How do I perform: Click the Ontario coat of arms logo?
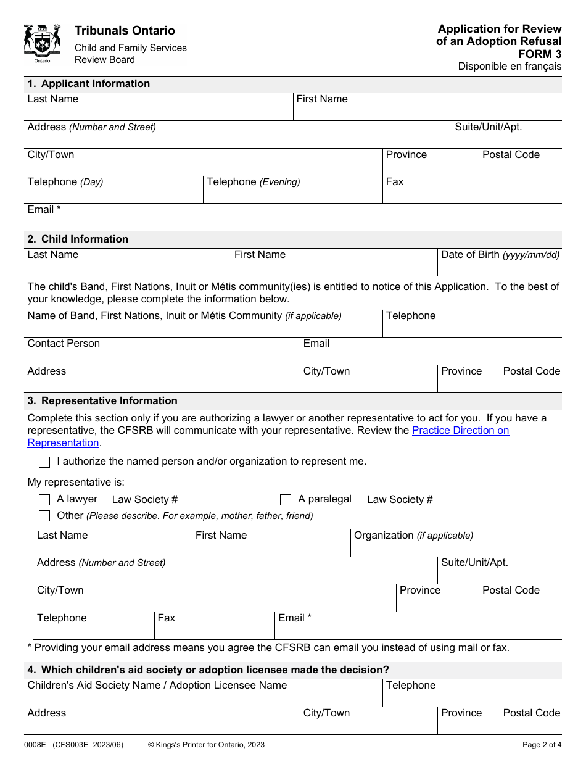pos(43,43)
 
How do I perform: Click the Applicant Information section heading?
pos(89,84)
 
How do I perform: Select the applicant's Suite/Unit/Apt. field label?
pos(488,127)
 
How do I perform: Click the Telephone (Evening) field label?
pos(254,182)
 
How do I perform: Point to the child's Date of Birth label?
pos(500,255)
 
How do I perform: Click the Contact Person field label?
pos(64,344)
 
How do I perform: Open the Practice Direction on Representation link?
pos(460,431)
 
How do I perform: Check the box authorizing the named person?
pos(44,462)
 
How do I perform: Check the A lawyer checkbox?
pos(44,500)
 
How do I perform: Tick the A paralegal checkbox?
pos(286,500)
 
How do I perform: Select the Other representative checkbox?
pos(44,516)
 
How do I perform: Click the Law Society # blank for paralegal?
pos(461,501)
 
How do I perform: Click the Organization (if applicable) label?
pos(413,536)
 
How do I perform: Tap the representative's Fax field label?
pos(167,618)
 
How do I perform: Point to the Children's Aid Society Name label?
pos(157,686)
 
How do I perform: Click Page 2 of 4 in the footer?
pos(542,745)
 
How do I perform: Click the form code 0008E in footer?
pos(35,745)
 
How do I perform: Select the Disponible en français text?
pos(510,67)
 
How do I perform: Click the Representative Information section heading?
pos(102,401)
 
